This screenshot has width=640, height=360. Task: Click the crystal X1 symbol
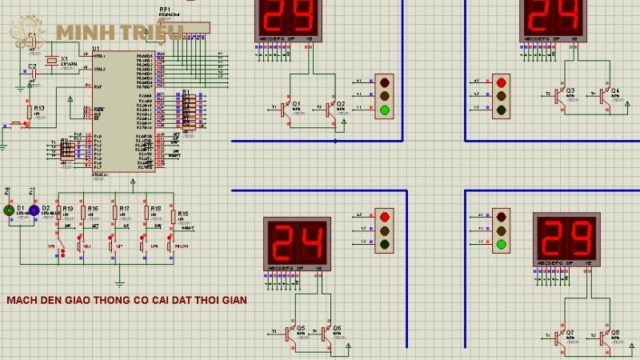[x=52, y=61]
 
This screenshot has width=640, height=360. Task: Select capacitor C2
[x=32, y=73]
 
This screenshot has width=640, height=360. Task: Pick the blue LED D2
[x=34, y=210]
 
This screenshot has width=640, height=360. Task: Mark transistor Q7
[x=558, y=337]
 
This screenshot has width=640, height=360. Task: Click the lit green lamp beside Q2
[x=385, y=110]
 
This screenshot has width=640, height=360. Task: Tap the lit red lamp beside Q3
[x=502, y=82]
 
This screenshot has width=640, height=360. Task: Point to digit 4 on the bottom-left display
[x=312, y=239]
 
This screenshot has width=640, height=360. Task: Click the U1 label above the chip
[x=97, y=49]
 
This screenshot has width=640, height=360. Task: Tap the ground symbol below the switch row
[x=119, y=281]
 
